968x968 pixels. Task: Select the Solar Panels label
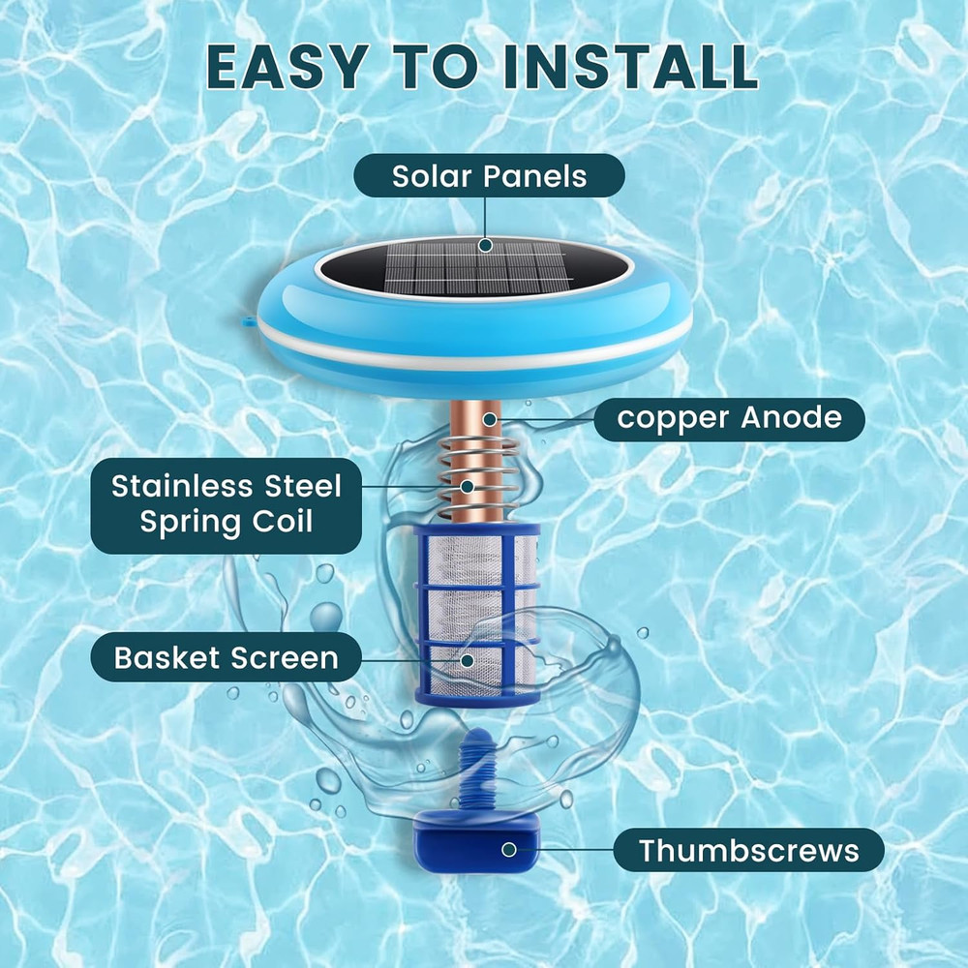pos(489,176)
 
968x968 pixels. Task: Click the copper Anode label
pos(728,419)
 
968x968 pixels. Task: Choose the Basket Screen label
pos(227,659)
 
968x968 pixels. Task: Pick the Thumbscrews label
pos(748,851)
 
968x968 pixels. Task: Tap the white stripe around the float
pos(474,348)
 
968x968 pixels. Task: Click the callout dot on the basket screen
pos(467,660)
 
